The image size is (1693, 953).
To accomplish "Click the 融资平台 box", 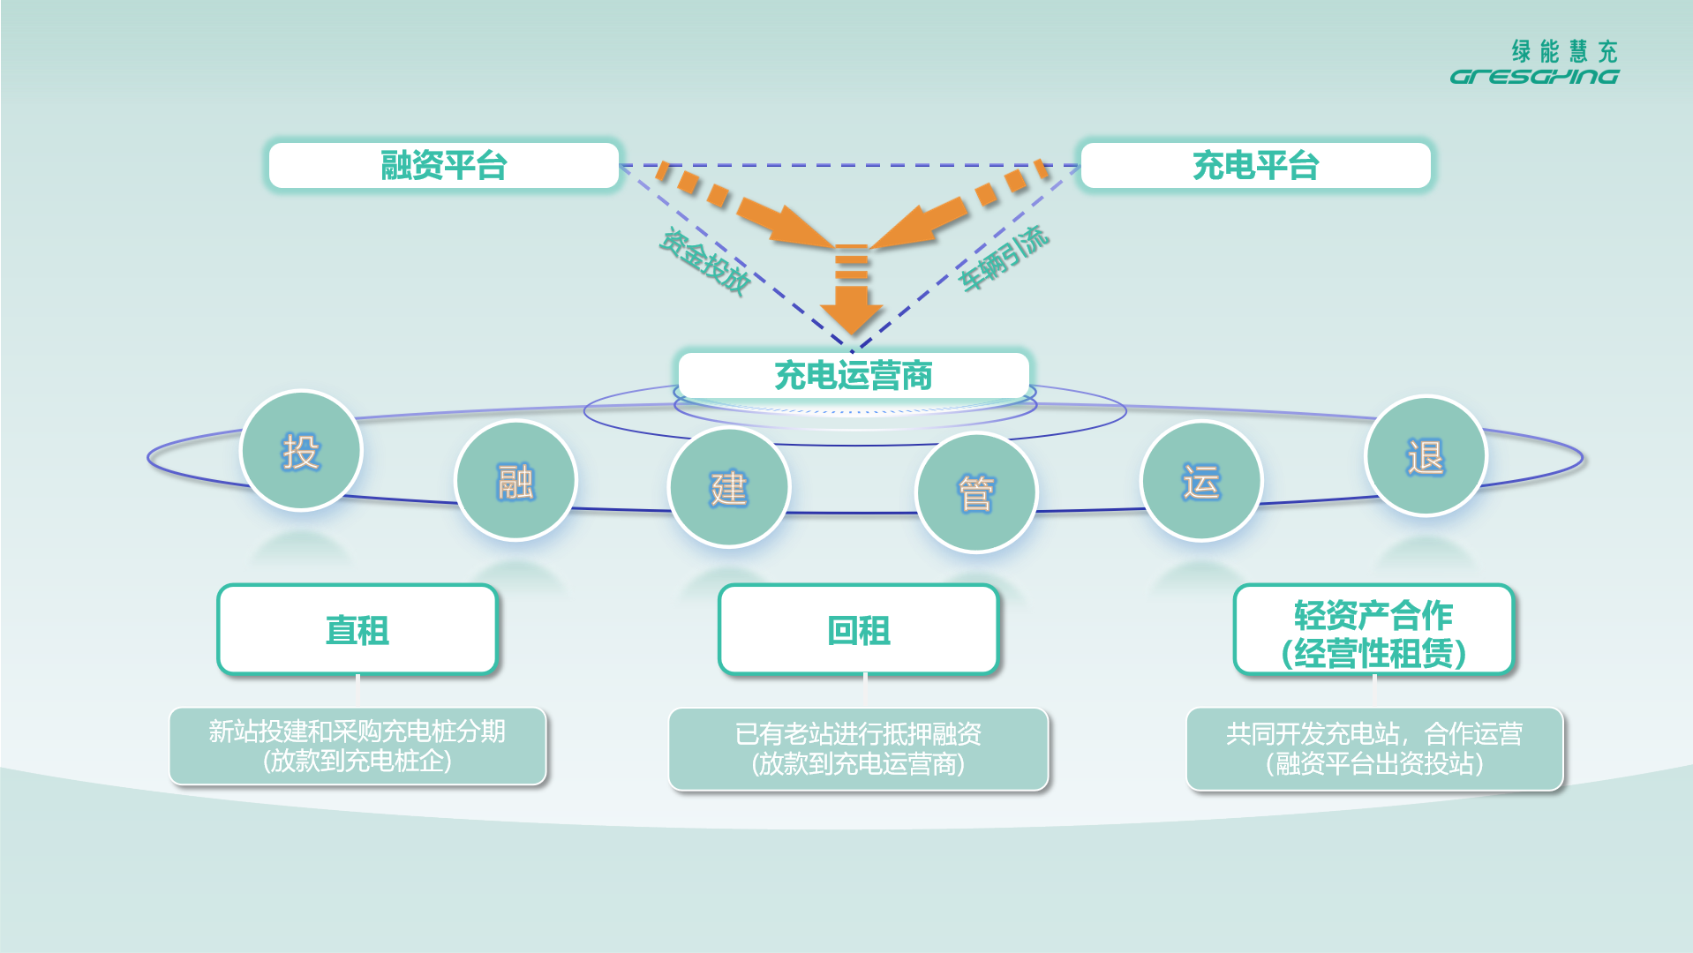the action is [443, 165].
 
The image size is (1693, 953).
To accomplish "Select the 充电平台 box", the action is [1255, 165].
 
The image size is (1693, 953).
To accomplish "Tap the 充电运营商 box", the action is [854, 375].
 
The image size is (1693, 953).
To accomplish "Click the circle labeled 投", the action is [301, 451].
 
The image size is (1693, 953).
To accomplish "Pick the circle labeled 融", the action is [515, 481].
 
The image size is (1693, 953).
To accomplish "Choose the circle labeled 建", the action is [729, 487].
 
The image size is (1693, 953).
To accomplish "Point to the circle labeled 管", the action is [976, 492].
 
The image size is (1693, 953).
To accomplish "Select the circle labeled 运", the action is [1201, 481].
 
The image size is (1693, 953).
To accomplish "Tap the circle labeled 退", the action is [1426, 456].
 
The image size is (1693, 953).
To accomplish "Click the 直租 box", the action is [357, 630].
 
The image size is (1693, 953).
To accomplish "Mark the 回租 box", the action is [859, 630].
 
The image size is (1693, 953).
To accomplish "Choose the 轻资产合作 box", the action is [1373, 630].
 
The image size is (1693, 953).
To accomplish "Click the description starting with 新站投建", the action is [357, 746].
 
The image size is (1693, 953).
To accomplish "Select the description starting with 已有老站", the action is [858, 748].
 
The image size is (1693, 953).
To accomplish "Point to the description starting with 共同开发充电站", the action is [1374, 748].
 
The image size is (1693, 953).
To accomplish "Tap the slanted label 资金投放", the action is [705, 261].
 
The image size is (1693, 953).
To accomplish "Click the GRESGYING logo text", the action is [1534, 77].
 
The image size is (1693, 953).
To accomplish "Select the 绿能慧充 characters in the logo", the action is [1564, 51].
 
